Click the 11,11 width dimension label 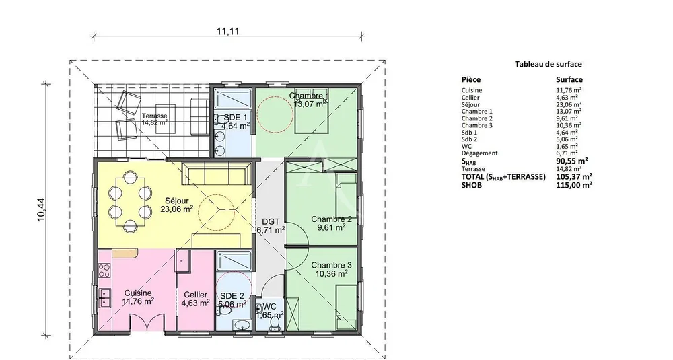pos(227,31)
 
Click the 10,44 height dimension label pos(42,210)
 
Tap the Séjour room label pos(177,201)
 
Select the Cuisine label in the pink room pos(138,293)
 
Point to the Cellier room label pos(195,295)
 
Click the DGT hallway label pos(271,222)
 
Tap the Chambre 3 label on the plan pos(329,266)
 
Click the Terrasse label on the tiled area pos(155,116)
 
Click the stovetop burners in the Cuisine pos(104,270)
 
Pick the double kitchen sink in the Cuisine pos(104,298)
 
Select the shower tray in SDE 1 pos(232,100)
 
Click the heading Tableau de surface pos(548,64)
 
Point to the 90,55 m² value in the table pos(571,161)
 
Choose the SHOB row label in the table pos(471,185)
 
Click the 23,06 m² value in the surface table pos(569,104)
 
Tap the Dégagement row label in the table pos(479,153)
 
